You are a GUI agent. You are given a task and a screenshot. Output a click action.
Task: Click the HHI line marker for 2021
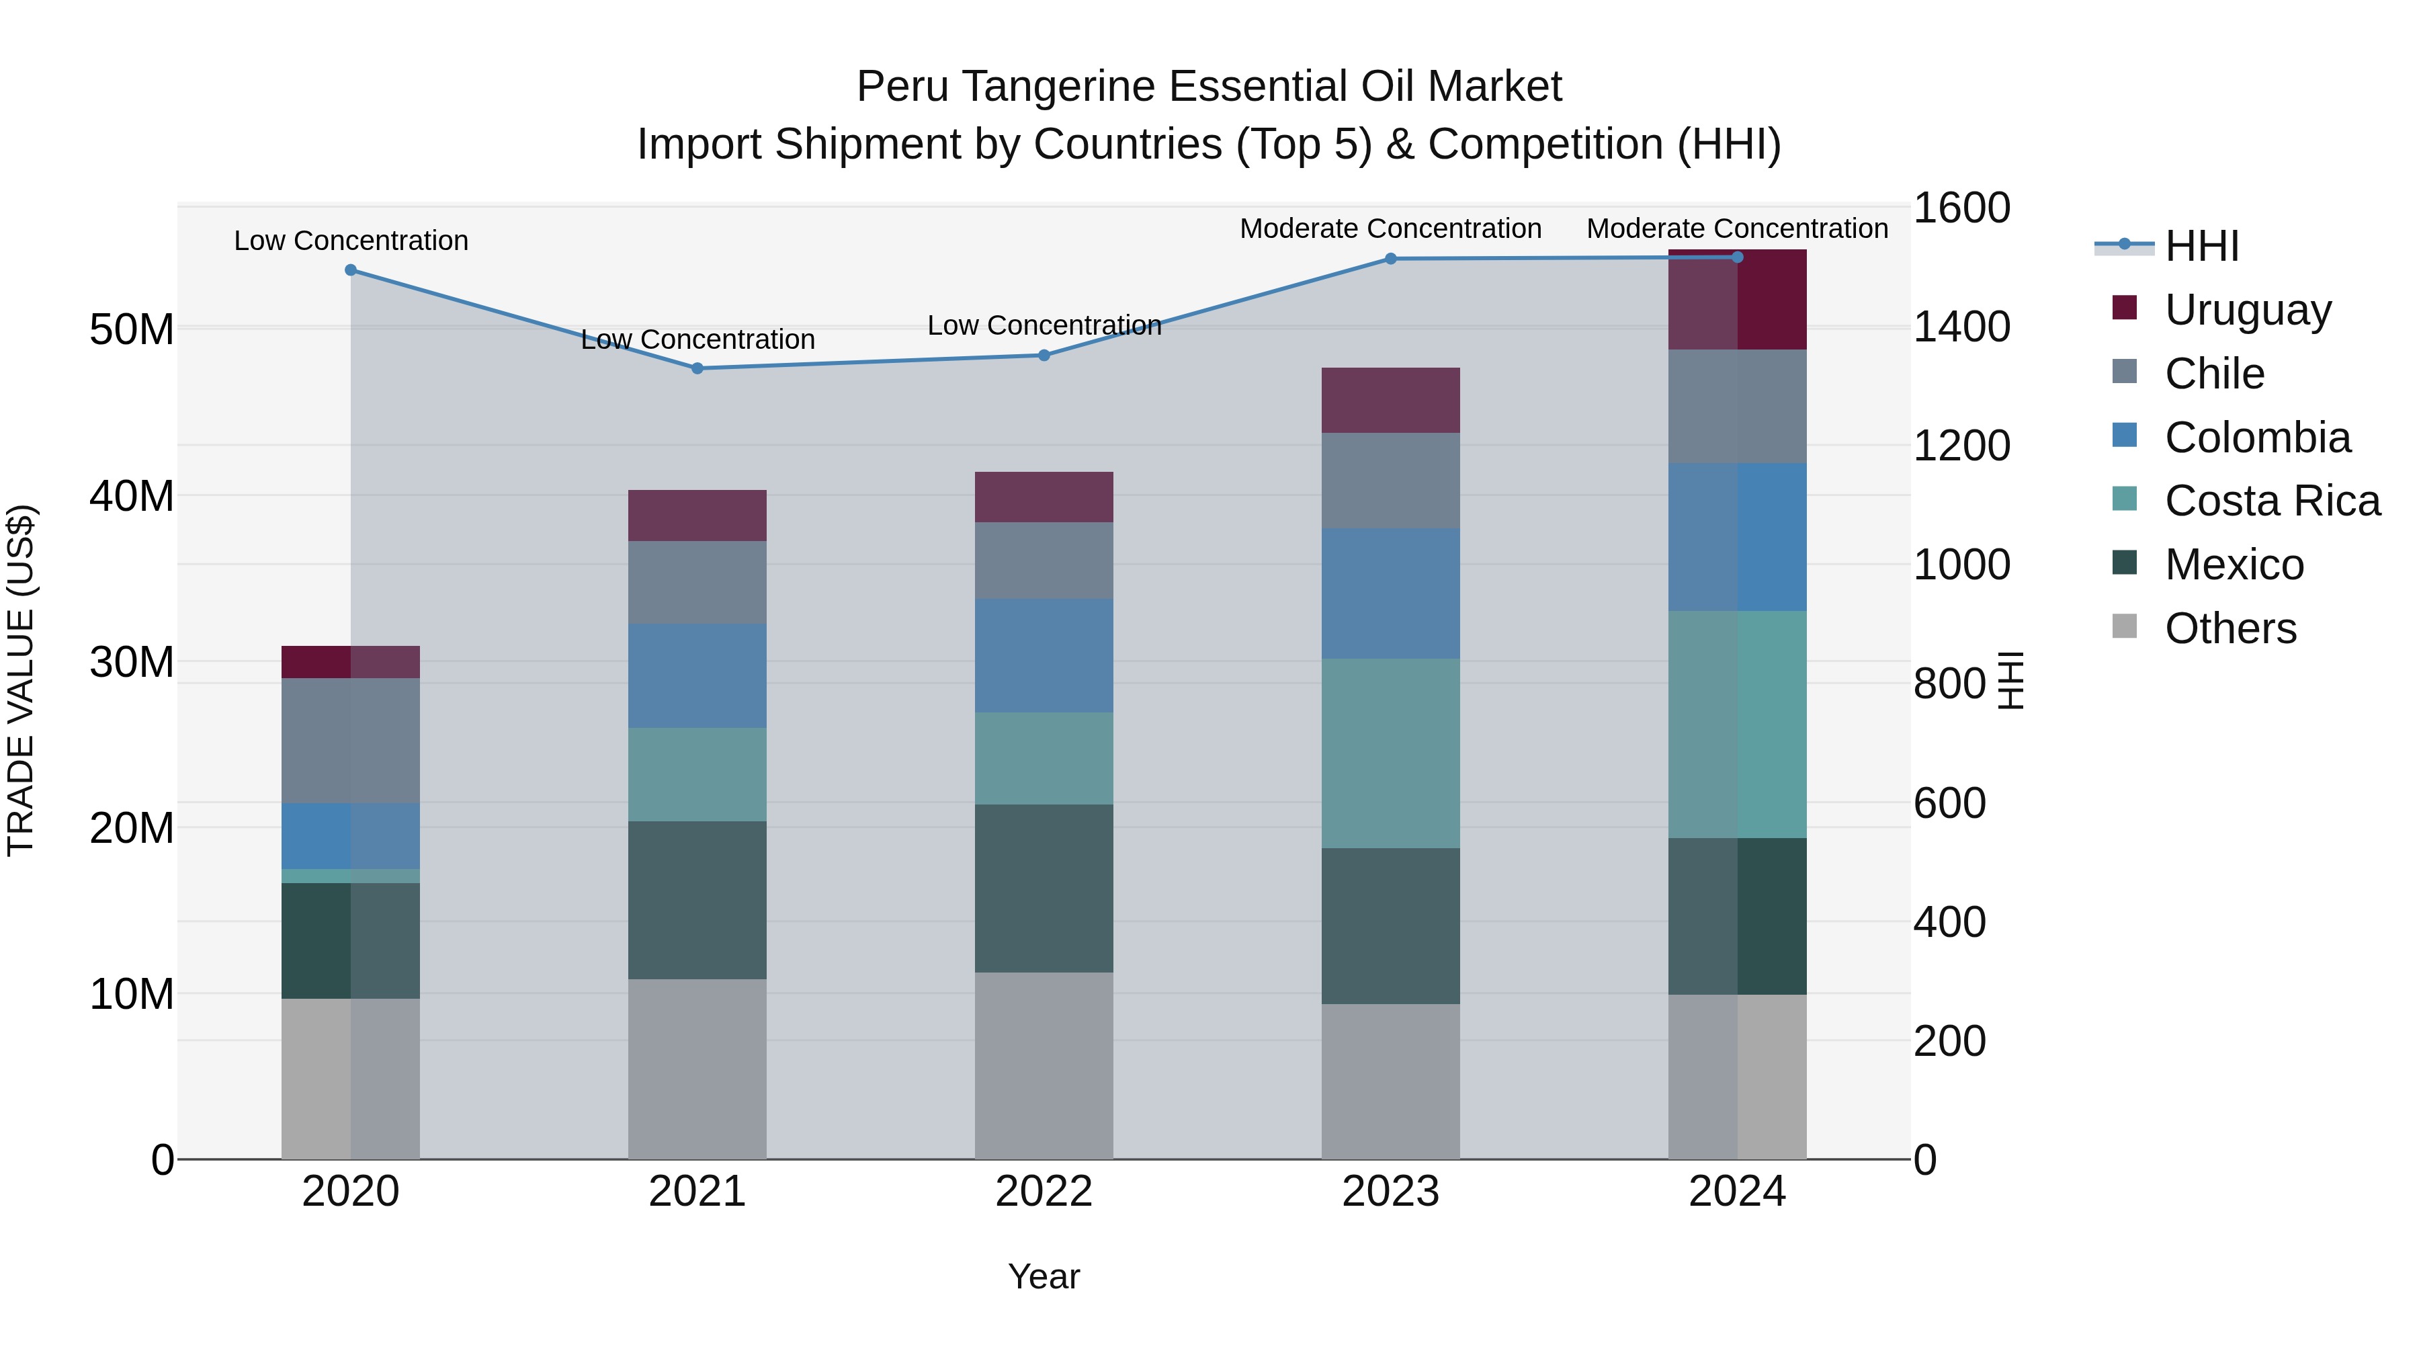click(697, 368)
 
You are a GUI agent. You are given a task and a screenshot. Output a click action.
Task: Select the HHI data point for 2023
click(1391, 258)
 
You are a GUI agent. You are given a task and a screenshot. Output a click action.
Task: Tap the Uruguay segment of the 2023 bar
click(1391, 400)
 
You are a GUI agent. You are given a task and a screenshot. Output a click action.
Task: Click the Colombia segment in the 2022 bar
click(1044, 655)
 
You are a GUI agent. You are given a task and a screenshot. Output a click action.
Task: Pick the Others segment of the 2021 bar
click(697, 1069)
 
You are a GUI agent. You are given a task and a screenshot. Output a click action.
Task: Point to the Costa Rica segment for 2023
click(1391, 753)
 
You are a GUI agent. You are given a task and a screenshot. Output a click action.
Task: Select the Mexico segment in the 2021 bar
click(697, 900)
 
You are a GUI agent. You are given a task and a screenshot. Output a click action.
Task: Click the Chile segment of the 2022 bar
click(1044, 560)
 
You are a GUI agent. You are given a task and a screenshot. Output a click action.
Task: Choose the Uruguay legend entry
click(2246, 309)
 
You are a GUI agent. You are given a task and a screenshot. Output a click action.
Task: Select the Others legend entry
click(2230, 628)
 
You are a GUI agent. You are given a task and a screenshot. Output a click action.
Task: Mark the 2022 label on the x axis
click(1044, 1192)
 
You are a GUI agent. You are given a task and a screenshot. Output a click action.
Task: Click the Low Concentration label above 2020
click(351, 241)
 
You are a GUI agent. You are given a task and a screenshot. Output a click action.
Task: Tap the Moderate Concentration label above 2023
click(1391, 229)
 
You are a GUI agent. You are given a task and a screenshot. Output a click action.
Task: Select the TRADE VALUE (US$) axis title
click(21, 680)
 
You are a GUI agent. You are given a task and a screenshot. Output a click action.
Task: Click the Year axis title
click(1044, 1276)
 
